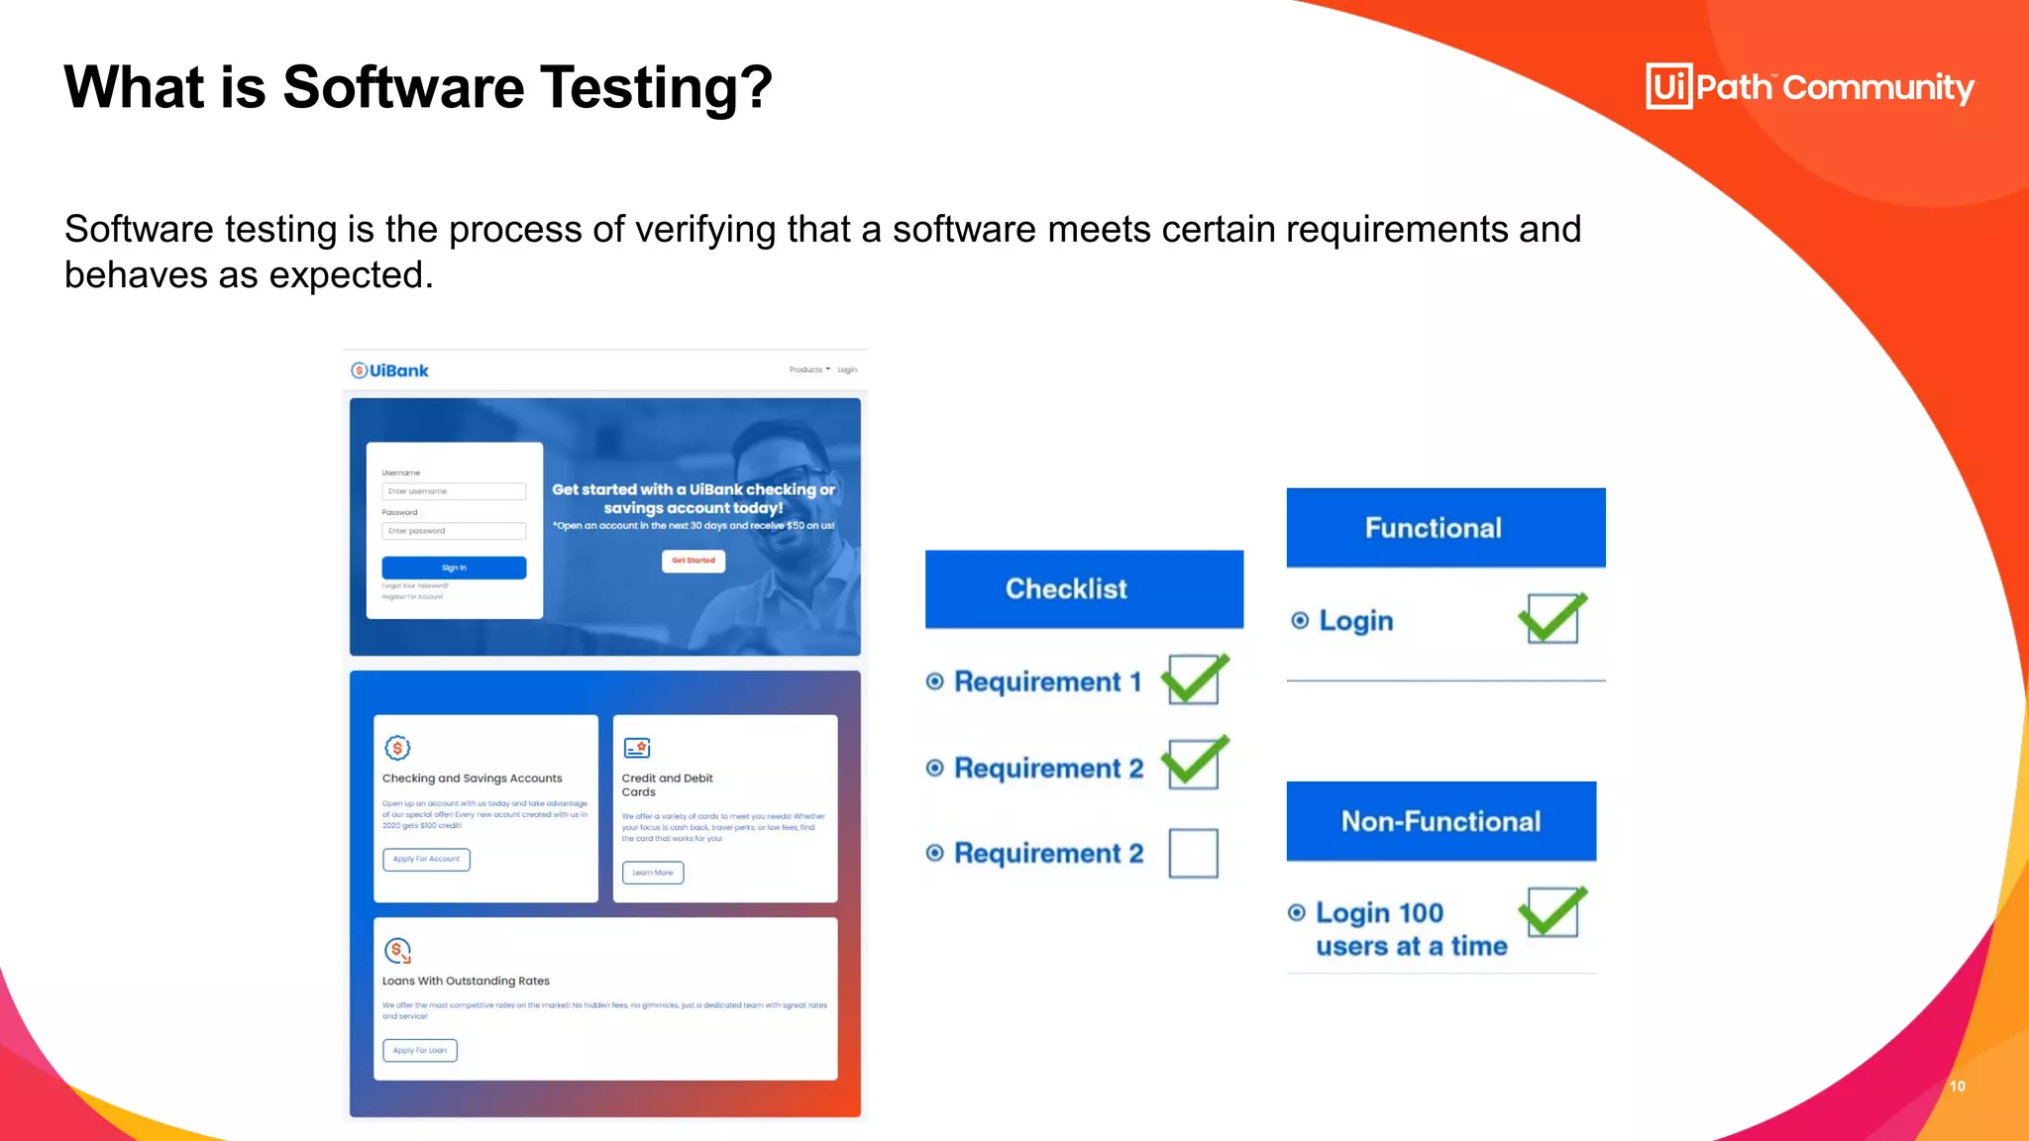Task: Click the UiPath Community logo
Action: [x=1809, y=87]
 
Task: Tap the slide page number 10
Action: [x=1957, y=1087]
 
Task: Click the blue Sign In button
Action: [x=454, y=568]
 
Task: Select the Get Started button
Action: [x=694, y=561]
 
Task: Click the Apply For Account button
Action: [x=426, y=859]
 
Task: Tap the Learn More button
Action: [x=653, y=873]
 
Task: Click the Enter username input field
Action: [x=454, y=491]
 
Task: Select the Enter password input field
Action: [x=454, y=531]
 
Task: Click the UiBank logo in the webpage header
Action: [x=389, y=370]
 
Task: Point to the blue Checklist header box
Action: [x=1084, y=589]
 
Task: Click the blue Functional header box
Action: [x=1445, y=528]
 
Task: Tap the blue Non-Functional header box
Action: [x=1441, y=821]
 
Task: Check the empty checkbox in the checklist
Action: [x=1193, y=853]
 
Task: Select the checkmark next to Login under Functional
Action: [x=1552, y=619]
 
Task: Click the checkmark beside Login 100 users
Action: [x=1552, y=912]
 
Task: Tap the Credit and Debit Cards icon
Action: [x=637, y=748]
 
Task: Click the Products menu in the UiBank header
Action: [x=808, y=370]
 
